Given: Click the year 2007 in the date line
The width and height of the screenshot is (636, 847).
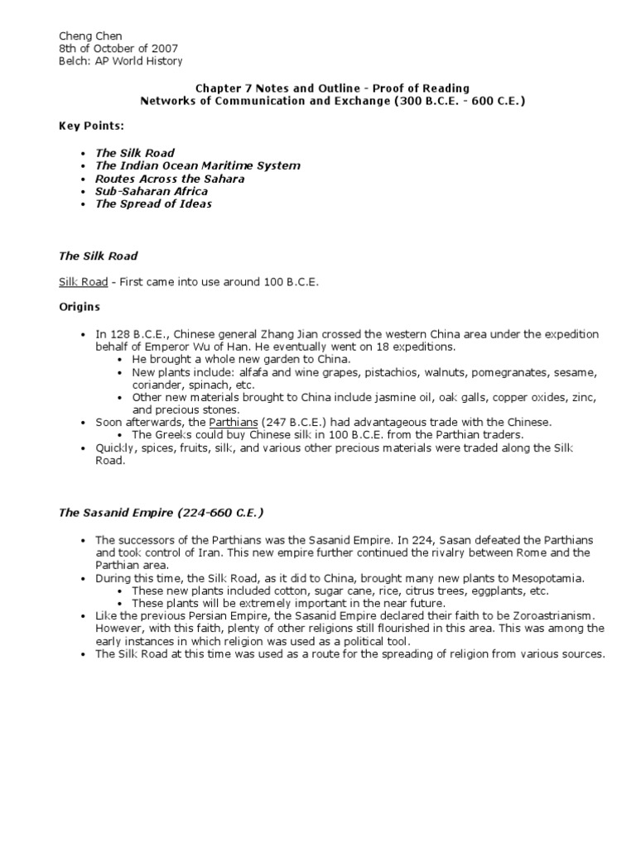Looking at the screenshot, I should (164, 49).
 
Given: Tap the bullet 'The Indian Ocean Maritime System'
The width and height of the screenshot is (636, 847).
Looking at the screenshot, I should (197, 165).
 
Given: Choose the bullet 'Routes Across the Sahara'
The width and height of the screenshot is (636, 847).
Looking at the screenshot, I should (170, 178).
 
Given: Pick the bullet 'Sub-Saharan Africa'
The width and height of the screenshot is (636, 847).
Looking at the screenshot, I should (152, 191).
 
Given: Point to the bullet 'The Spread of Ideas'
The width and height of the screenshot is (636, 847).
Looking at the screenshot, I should (153, 203).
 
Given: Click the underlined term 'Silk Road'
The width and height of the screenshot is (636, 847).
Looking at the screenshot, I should (83, 282).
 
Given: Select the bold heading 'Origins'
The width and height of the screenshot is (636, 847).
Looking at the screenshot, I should (79, 307).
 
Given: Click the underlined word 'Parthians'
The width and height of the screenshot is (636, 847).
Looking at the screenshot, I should (235, 422).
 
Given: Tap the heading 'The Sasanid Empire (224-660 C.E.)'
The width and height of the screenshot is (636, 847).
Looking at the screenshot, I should (161, 513).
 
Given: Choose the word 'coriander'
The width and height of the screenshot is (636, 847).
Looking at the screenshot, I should (158, 385).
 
